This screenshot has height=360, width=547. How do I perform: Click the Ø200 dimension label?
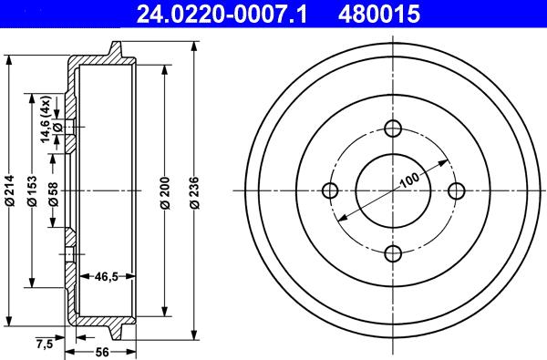(x=165, y=190)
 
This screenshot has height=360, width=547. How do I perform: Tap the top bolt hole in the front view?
(x=394, y=129)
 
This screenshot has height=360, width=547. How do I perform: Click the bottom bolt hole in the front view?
(x=394, y=253)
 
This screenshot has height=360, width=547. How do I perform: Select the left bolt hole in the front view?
(x=331, y=190)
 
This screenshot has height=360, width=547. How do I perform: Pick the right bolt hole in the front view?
(x=457, y=190)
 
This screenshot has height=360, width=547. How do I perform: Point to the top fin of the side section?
(x=116, y=46)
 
